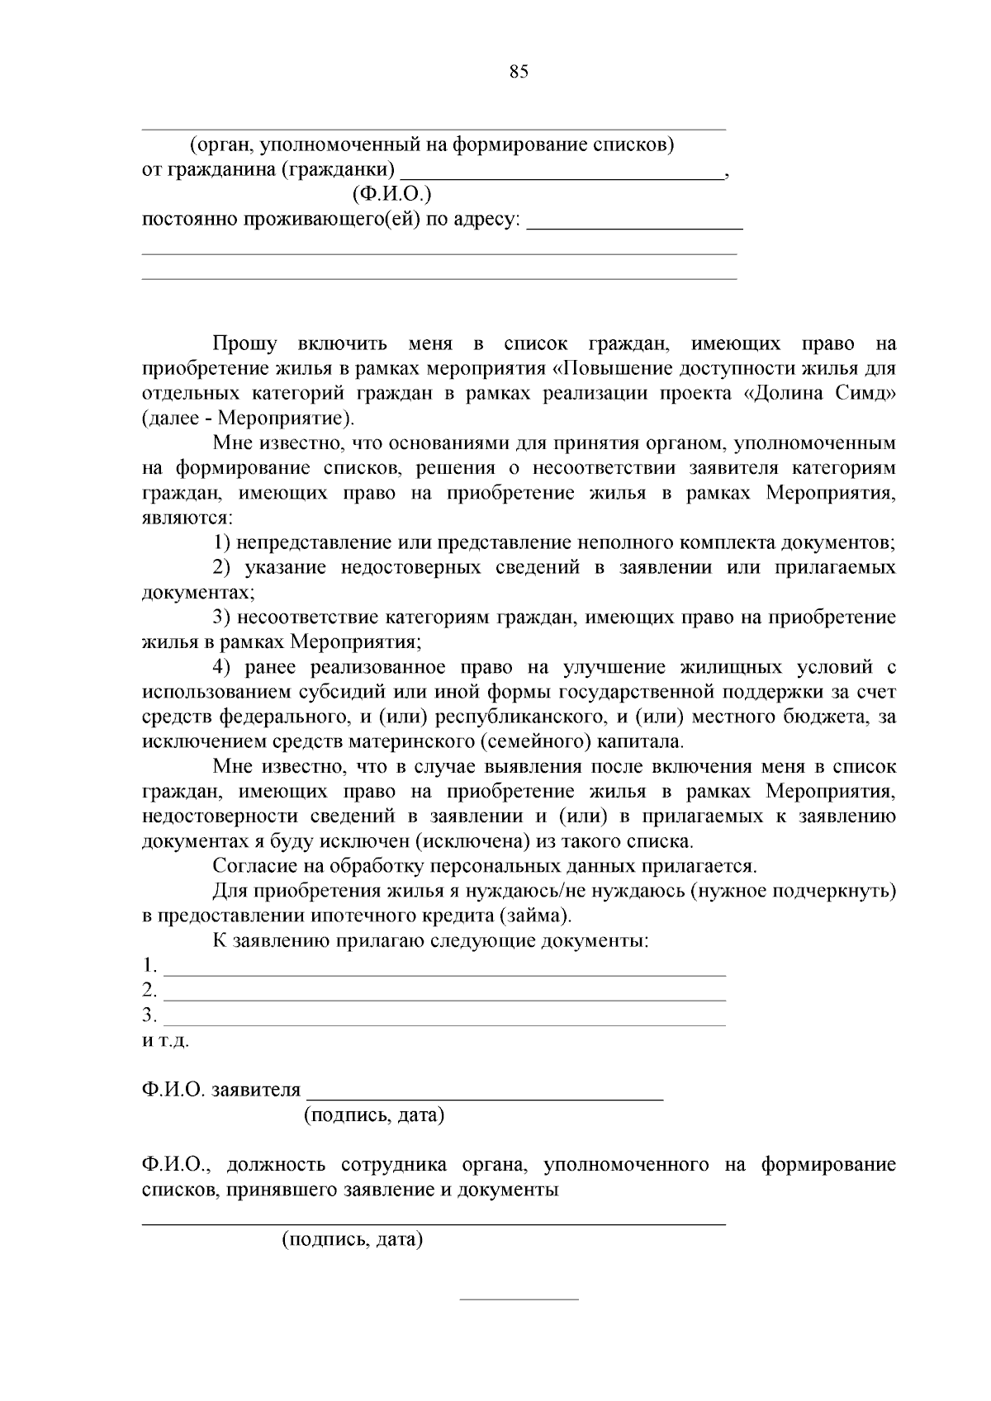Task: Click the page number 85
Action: click(519, 72)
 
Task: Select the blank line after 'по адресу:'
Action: click(634, 226)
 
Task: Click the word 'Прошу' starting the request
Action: click(244, 343)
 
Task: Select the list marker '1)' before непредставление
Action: click(221, 543)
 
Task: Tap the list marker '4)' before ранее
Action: click(221, 667)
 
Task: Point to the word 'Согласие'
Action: click(252, 866)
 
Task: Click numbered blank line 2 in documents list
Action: click(444, 999)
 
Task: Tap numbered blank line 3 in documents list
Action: click(444, 1024)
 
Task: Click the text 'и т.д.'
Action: click(165, 1041)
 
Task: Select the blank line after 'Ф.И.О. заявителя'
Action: click(485, 1098)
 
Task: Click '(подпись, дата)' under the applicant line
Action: click(374, 1116)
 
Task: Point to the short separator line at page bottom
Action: click(519, 1299)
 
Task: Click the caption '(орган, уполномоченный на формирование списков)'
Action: click(433, 146)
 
